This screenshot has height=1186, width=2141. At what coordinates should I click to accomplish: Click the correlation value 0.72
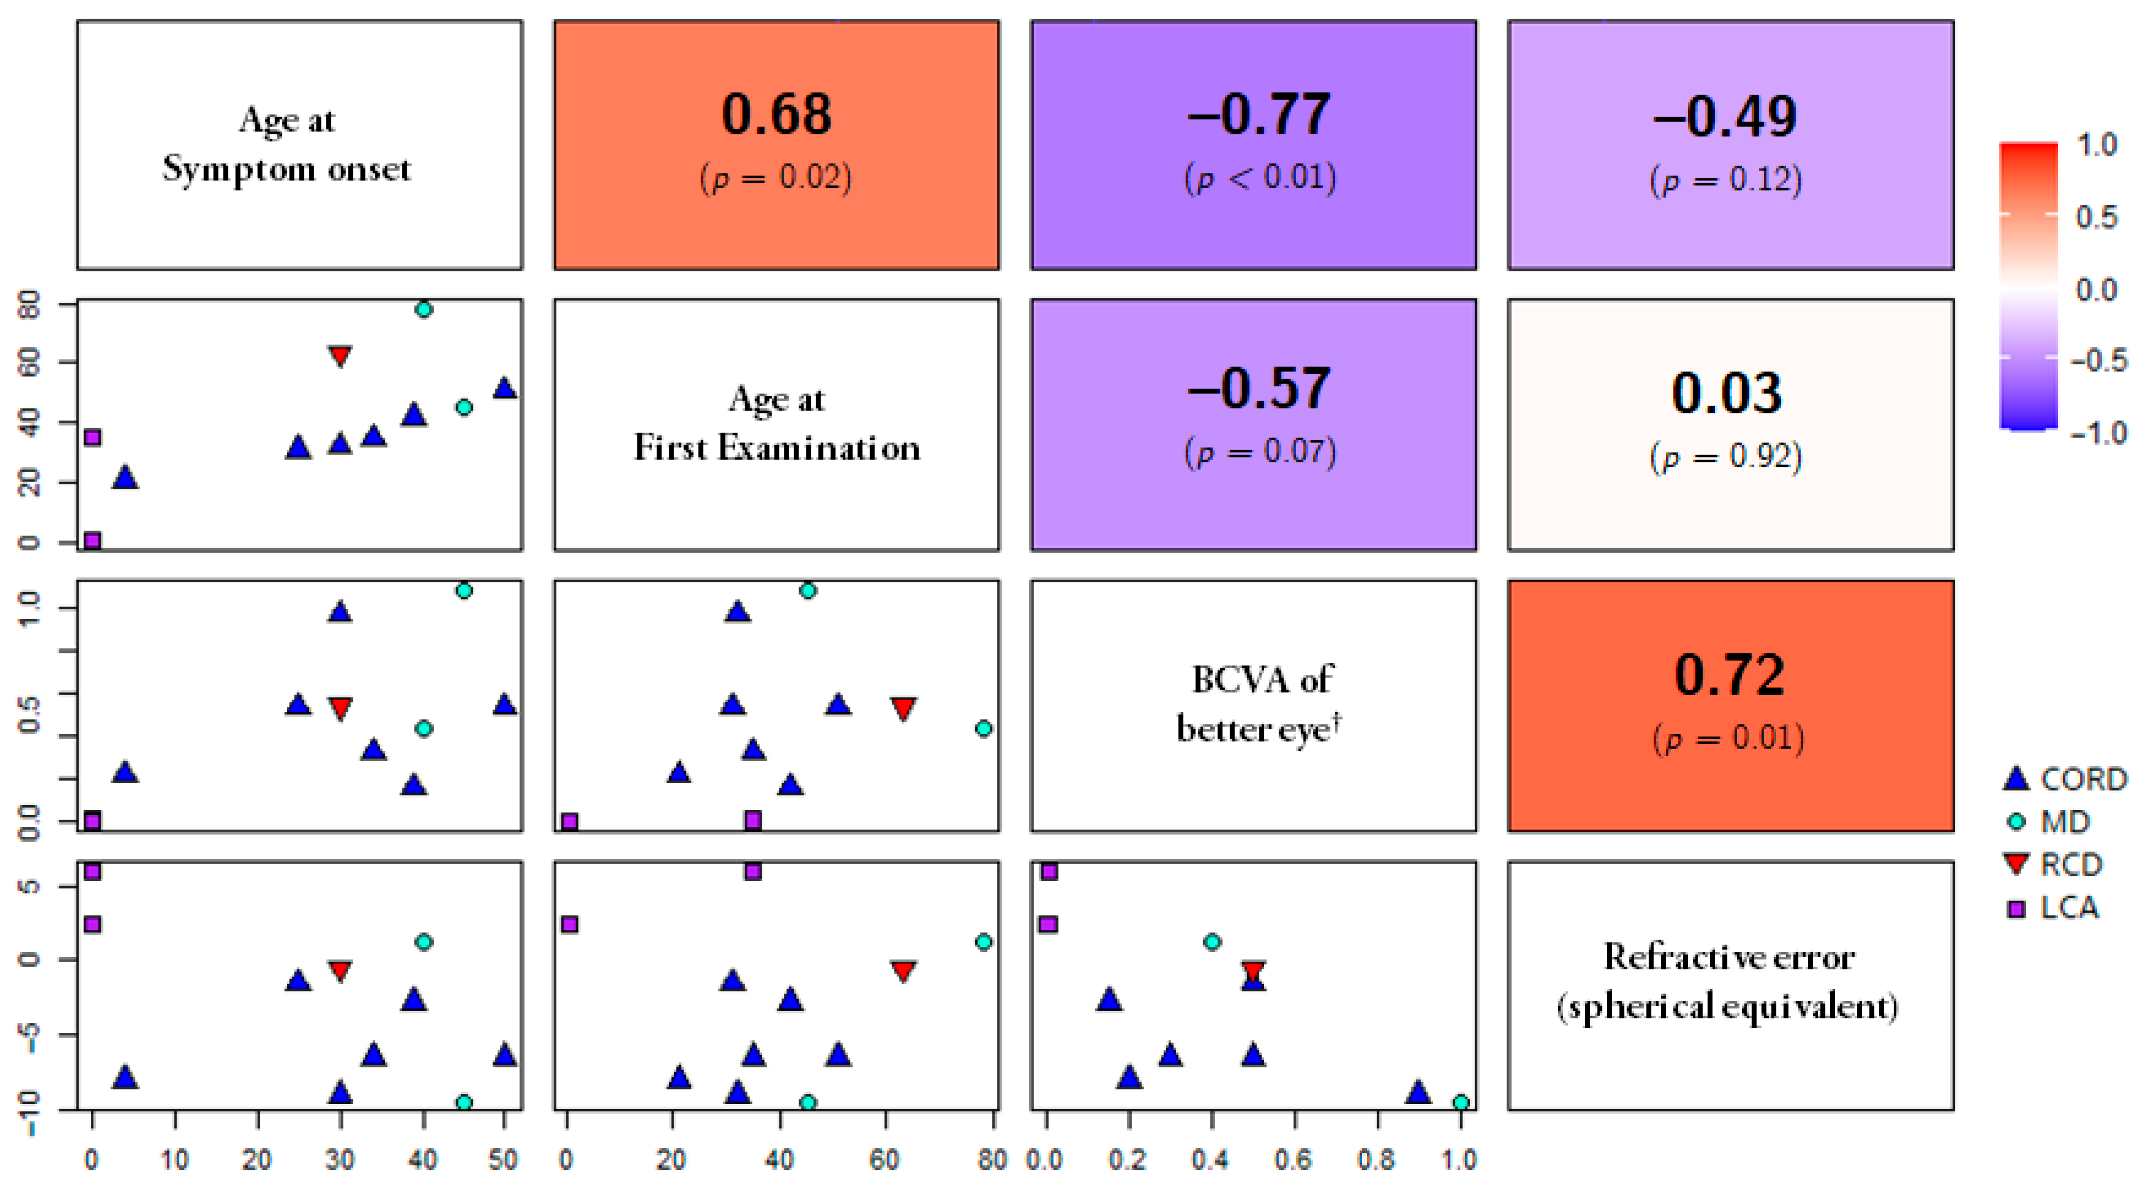1729,675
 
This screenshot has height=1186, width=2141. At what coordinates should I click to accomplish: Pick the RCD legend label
2071,865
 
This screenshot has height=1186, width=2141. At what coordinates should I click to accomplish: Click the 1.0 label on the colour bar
2096,145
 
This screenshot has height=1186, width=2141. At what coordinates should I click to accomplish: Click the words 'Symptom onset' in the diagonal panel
287,170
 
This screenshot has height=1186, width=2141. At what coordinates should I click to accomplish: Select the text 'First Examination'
777,449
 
